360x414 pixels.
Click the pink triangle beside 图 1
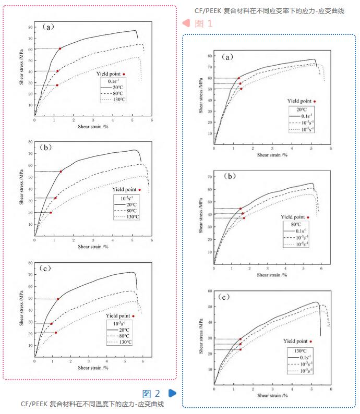[185, 23]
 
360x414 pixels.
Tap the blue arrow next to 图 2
[172, 393]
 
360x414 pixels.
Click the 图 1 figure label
[203, 23]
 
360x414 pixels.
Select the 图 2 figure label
[151, 393]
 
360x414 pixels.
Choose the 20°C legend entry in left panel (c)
[124, 330]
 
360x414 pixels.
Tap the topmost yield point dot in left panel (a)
[60, 48]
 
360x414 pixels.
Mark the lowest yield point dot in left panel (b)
[51, 212]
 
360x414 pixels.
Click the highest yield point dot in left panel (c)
[58, 299]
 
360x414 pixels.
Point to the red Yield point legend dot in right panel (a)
[314, 101]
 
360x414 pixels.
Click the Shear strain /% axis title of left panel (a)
[93, 126]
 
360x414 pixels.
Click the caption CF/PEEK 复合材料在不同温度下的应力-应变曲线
[92, 404]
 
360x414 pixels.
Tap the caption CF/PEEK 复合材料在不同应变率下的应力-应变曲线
[269, 10]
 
